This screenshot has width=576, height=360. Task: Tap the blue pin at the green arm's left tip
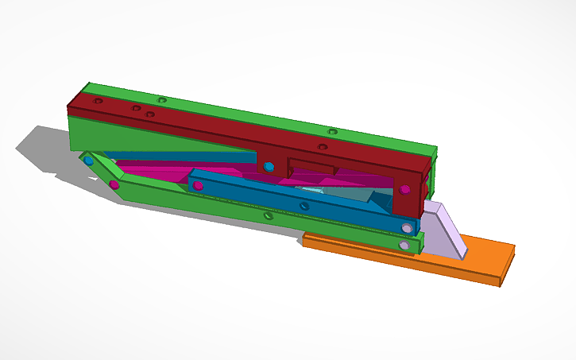88,161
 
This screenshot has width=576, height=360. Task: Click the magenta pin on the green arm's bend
114,185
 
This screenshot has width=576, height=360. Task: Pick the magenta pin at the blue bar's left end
197,185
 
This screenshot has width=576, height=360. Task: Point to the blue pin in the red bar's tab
269,166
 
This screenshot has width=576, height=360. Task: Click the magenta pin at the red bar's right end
406,189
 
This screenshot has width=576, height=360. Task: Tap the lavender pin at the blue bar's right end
408,228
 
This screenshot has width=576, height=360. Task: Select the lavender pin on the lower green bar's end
404,246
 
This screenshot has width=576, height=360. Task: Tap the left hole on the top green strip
162,100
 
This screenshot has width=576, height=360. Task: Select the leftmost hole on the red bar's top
98,102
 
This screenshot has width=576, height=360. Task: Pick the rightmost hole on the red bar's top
323,146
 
